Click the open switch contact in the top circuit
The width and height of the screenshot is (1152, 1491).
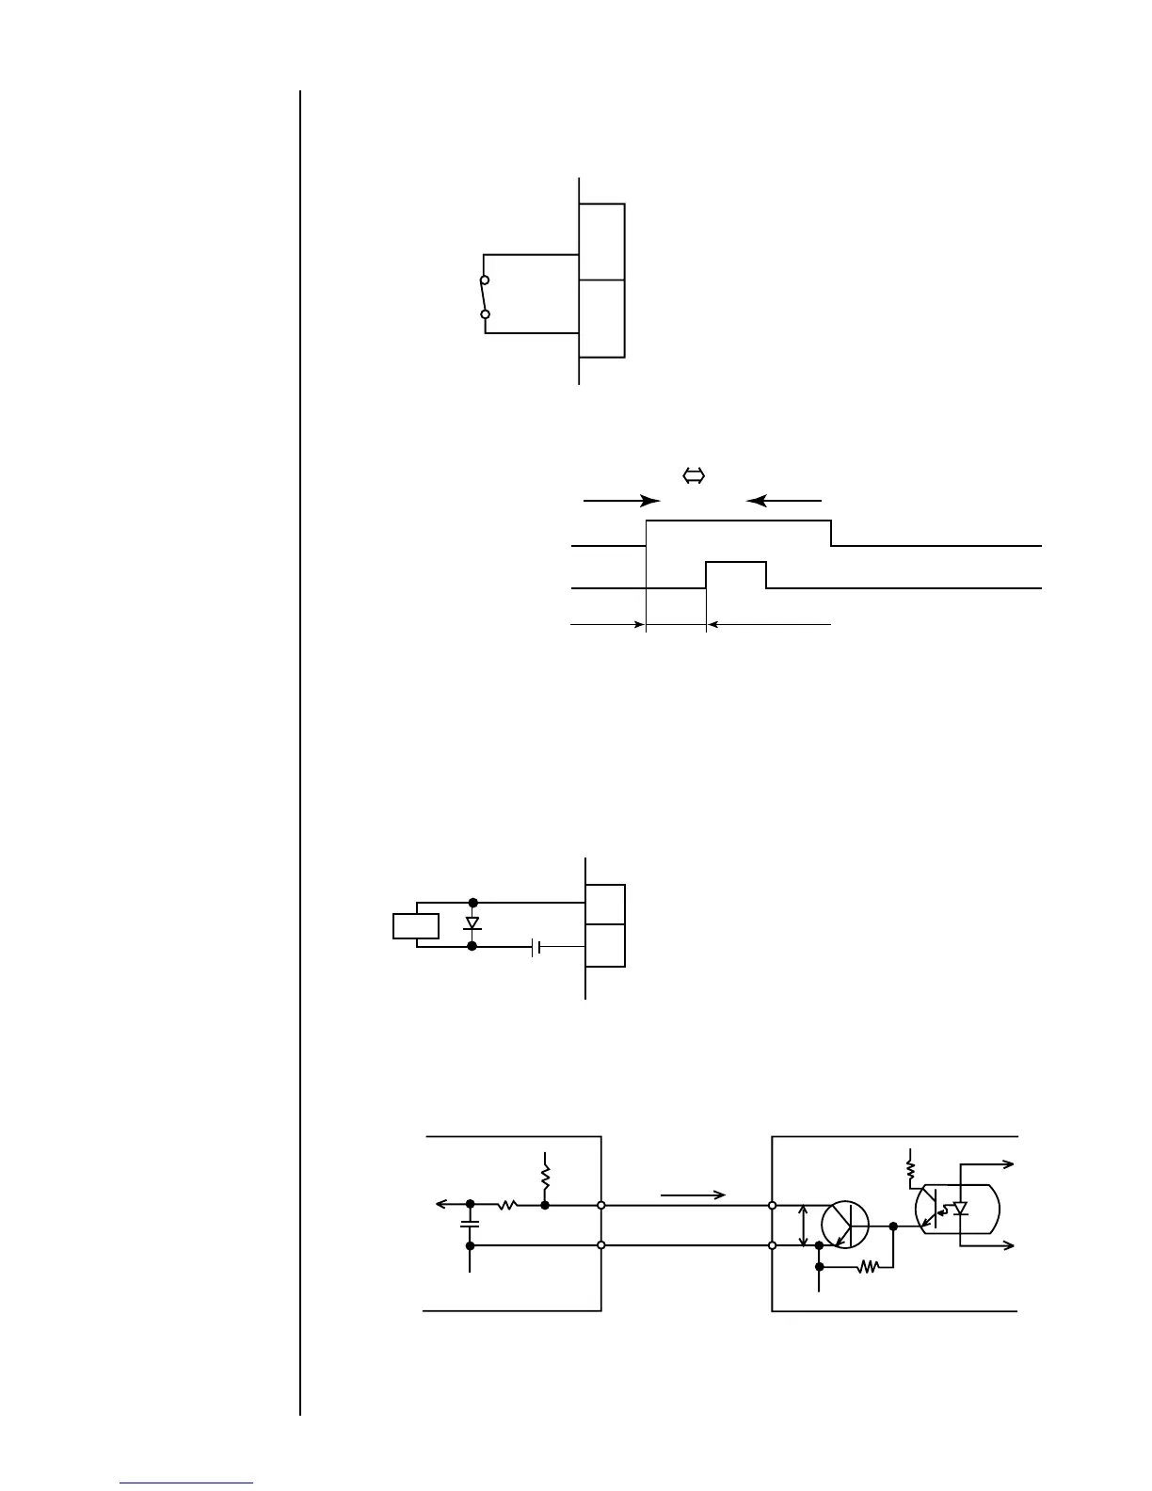pyautogui.click(x=485, y=297)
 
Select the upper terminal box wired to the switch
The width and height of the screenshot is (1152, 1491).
pyautogui.click(x=601, y=241)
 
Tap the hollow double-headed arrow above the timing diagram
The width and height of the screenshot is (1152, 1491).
pyautogui.click(x=694, y=476)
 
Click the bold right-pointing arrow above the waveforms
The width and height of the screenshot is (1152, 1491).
pyautogui.click(x=621, y=501)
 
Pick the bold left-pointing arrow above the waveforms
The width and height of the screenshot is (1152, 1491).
pyautogui.click(x=784, y=501)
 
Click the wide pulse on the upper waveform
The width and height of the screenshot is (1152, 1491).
pyautogui.click(x=739, y=531)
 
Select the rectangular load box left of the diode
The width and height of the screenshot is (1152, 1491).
pyautogui.click(x=416, y=925)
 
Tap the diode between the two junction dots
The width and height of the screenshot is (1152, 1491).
pyautogui.click(x=472, y=923)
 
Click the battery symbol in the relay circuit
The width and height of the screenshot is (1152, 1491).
pyautogui.click(x=535, y=947)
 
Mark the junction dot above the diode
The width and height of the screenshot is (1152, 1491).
pyautogui.click(x=472, y=903)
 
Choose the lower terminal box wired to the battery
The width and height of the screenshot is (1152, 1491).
pyautogui.click(x=605, y=945)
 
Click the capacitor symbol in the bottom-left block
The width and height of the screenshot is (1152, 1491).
pyautogui.click(x=470, y=1224)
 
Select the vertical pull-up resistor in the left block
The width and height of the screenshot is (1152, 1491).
pyautogui.click(x=545, y=1176)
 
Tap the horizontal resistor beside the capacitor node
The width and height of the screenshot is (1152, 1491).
pyautogui.click(x=507, y=1204)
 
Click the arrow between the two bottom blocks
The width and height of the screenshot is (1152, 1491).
pyautogui.click(x=693, y=1195)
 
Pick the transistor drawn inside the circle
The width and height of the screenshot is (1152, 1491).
pyautogui.click(x=845, y=1226)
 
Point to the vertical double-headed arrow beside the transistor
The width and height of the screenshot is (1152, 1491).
pyautogui.click(x=802, y=1225)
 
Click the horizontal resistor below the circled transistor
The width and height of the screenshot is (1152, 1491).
pyautogui.click(x=868, y=1267)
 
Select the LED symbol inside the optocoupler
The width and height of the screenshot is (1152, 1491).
pyautogui.click(x=961, y=1208)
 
